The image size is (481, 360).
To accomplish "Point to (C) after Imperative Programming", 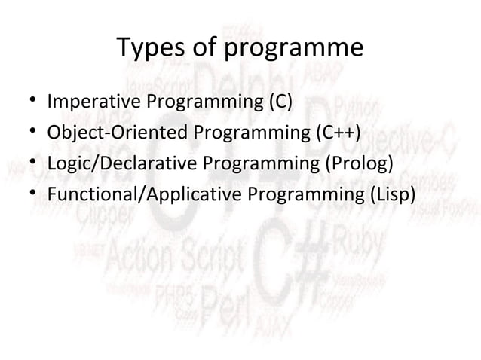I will (276, 102).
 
